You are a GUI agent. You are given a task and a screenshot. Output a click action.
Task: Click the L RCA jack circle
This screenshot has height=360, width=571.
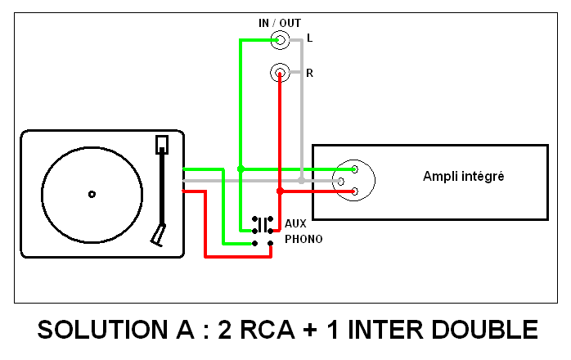pyautogui.click(x=281, y=38)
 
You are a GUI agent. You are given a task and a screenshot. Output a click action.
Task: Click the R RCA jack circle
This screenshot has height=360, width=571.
pyautogui.click(x=280, y=74)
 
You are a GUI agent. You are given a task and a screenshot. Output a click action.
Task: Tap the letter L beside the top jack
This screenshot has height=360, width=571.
pyautogui.click(x=309, y=38)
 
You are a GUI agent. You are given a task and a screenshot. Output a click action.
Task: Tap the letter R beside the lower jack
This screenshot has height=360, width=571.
pyautogui.click(x=309, y=74)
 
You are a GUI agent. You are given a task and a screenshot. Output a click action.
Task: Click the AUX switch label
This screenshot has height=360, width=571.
pyautogui.click(x=294, y=223)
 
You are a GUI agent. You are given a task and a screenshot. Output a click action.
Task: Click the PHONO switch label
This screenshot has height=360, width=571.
pyautogui.click(x=303, y=240)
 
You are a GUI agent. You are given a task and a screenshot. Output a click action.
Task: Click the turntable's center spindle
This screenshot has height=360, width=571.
pyautogui.click(x=92, y=194)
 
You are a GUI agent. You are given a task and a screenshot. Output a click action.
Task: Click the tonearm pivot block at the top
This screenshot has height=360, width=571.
pyautogui.click(x=162, y=145)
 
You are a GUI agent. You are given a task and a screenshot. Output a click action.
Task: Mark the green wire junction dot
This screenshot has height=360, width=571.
pyautogui.click(x=240, y=169)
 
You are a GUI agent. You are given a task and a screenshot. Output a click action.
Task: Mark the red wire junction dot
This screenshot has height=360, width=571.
pyautogui.click(x=280, y=191)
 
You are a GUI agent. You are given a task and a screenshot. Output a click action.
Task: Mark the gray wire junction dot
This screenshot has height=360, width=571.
pyautogui.click(x=302, y=179)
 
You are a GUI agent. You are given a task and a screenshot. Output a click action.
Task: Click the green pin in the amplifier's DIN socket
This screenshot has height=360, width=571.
pyautogui.click(x=355, y=169)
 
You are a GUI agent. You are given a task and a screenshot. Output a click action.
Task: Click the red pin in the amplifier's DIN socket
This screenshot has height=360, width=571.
pyautogui.click(x=355, y=191)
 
